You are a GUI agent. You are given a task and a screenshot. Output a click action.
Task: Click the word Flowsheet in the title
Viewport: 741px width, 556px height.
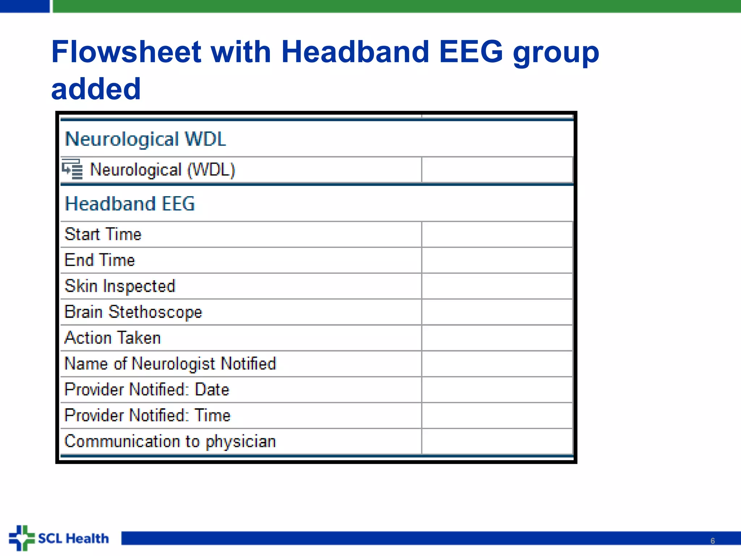126,52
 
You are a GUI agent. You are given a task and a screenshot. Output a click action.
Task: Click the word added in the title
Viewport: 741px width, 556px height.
96,89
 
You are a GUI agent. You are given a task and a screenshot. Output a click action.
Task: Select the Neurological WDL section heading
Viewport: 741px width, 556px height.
145,139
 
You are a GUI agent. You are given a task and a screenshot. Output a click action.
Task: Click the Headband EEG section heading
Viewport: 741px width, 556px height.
130,204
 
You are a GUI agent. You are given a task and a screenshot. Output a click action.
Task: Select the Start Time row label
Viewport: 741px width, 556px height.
103,234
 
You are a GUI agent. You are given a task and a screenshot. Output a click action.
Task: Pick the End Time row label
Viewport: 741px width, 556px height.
100,260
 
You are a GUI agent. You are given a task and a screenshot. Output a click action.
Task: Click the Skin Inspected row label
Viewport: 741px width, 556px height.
120,286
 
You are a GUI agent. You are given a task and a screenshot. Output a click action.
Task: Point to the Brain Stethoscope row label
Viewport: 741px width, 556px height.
133,312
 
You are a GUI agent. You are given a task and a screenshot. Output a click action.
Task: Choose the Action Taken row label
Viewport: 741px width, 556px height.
113,338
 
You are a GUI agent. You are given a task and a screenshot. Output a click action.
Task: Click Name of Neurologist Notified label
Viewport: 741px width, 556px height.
170,364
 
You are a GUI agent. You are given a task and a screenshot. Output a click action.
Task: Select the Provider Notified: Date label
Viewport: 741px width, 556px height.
147,390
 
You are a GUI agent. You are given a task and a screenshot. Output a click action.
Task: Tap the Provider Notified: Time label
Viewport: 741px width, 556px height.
147,416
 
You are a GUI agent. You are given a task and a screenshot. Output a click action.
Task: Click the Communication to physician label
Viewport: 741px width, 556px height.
170,442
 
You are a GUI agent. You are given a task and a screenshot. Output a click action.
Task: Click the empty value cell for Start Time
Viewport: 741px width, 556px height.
497,235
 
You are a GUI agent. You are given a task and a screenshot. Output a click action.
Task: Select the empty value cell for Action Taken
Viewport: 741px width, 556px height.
497,338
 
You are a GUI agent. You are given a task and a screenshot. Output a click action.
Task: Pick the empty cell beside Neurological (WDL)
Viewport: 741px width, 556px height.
497,170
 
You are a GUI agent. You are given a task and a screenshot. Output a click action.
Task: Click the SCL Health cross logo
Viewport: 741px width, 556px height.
22,538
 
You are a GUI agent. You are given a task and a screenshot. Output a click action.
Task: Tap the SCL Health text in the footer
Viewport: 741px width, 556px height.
73,539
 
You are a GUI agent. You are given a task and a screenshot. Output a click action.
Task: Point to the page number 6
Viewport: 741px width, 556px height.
712,541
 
